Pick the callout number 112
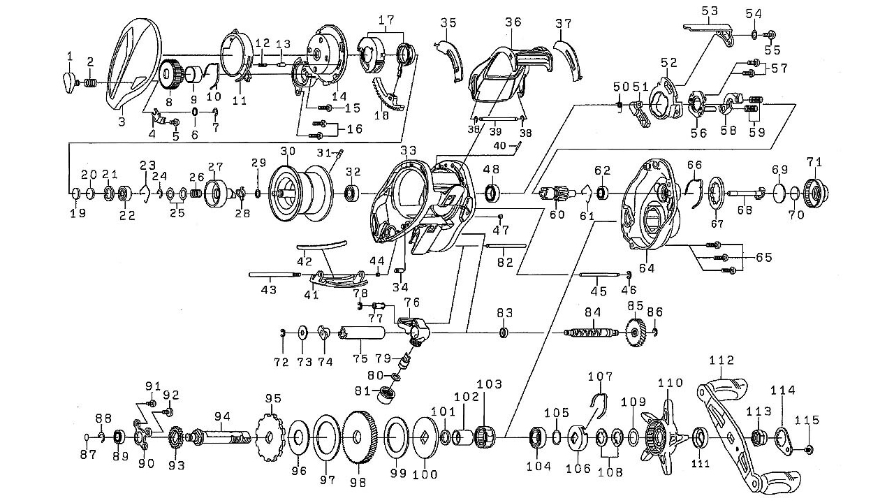721,360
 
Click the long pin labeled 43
274,275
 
